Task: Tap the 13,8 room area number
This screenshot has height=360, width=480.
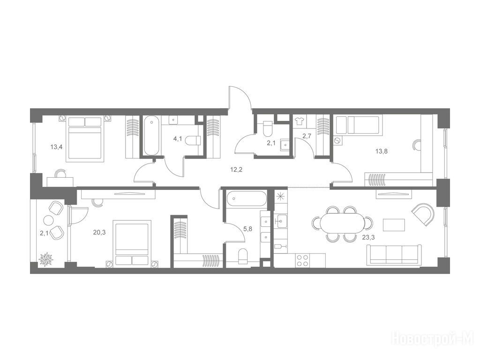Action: (382, 150)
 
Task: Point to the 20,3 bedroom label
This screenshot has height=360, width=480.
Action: (99, 232)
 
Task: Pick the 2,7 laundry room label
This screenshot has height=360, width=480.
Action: (307, 136)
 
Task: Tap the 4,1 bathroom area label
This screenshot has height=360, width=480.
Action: (178, 139)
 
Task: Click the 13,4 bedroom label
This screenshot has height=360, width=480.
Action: (57, 147)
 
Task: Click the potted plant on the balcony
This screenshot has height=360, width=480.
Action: (46, 259)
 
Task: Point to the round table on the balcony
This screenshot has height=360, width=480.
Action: (48, 220)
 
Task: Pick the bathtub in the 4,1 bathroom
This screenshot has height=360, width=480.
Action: (151, 135)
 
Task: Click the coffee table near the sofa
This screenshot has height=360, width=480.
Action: (394, 225)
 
